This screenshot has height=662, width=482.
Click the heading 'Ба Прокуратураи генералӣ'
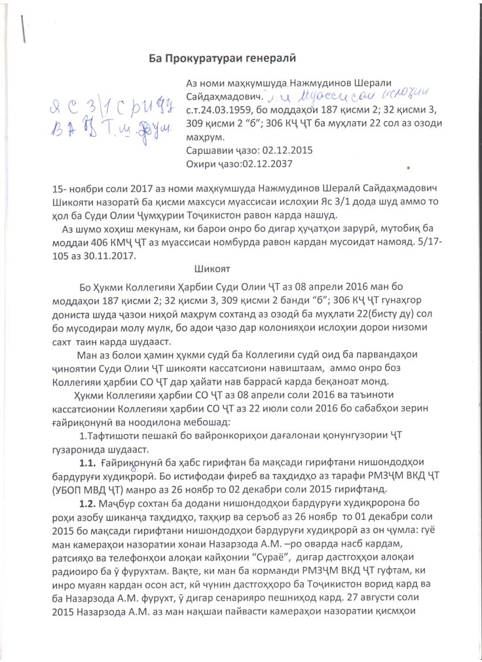(x=223, y=58)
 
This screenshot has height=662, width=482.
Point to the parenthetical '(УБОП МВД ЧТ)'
(x=97, y=489)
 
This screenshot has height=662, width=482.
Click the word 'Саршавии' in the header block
(x=208, y=149)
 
